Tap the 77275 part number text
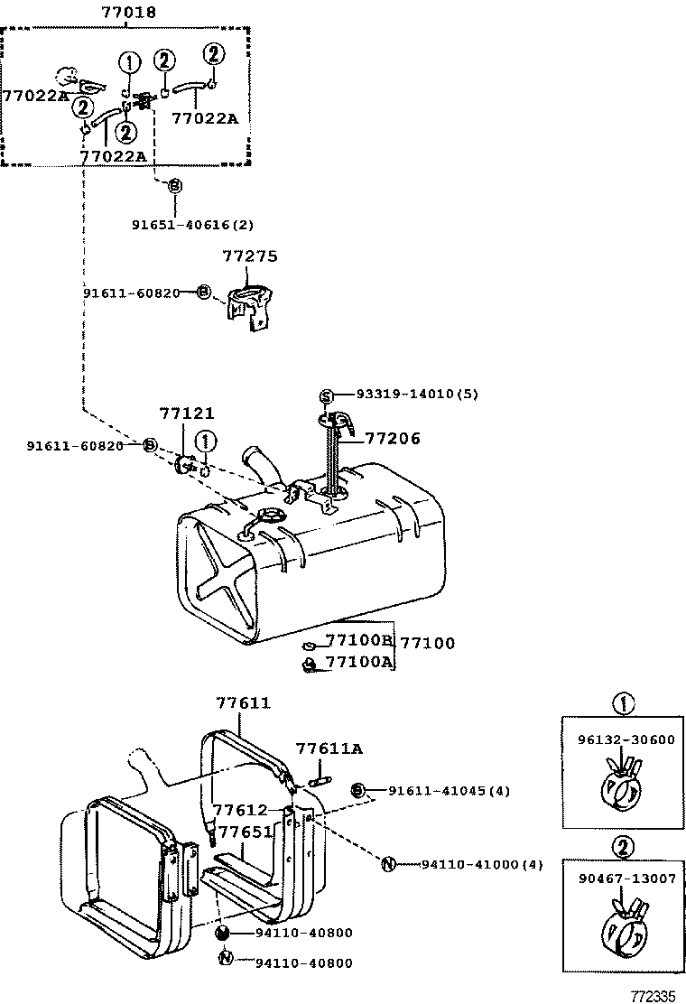(x=251, y=257)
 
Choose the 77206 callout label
(x=393, y=439)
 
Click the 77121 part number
(x=187, y=414)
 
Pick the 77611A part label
(x=329, y=748)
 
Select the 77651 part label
(x=245, y=832)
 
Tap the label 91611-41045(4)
(x=449, y=791)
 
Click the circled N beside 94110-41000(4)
(x=388, y=864)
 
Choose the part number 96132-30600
(x=626, y=739)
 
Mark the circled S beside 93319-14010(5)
(x=327, y=395)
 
